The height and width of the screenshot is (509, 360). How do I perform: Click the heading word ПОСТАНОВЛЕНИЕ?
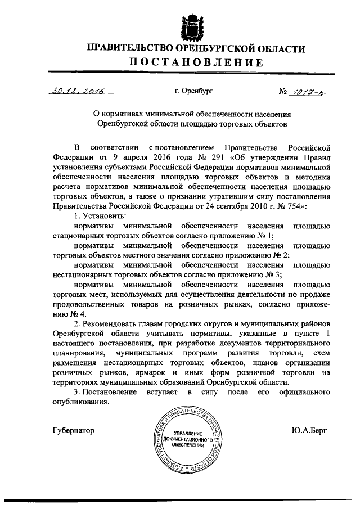(x=196, y=62)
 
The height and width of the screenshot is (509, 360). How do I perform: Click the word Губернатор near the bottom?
(x=73, y=430)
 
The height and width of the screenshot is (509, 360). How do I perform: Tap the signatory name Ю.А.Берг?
(x=309, y=430)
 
